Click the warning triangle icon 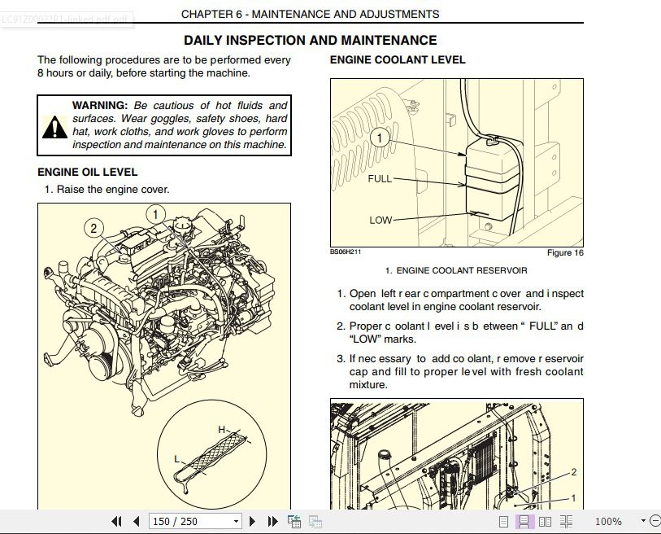pos(54,127)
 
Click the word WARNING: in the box pos(100,105)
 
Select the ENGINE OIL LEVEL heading pos(88,172)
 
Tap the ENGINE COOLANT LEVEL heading pos(398,59)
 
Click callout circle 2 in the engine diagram pos(93,229)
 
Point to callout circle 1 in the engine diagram pos(155,214)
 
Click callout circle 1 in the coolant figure pos(380,138)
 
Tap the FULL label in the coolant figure pos(380,178)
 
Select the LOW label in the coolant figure pos(381,220)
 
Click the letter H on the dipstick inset pos(222,430)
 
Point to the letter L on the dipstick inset pos(177,459)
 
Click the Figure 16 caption pos(565,252)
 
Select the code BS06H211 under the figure pos(346,252)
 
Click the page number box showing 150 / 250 pos(195,521)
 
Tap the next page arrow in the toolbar pos(252,521)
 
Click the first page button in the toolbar pos(117,521)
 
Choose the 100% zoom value pos(608,521)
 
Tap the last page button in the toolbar pos(272,521)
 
